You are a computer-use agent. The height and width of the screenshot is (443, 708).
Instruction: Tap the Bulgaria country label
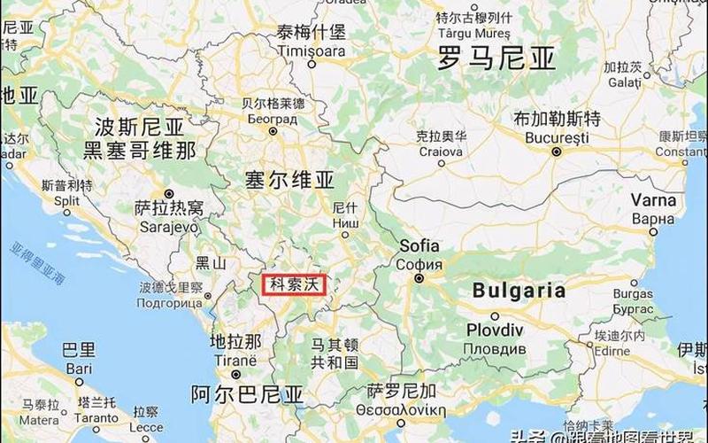click(x=519, y=290)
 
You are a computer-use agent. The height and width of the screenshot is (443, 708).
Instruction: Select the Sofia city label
click(x=419, y=246)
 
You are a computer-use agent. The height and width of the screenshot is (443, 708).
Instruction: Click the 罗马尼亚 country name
click(x=497, y=59)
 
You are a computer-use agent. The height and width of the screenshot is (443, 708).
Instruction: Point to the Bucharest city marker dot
click(x=555, y=152)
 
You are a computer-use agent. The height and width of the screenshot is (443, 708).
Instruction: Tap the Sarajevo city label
click(x=168, y=226)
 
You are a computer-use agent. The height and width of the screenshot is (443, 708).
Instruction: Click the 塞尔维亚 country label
click(x=289, y=181)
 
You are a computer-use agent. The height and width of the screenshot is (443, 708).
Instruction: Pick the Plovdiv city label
click(x=494, y=330)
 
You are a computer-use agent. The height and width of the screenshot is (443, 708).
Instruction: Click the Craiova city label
click(x=440, y=152)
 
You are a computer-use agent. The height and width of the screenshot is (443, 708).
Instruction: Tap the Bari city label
click(x=79, y=368)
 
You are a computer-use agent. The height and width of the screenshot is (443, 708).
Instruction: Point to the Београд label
click(x=273, y=118)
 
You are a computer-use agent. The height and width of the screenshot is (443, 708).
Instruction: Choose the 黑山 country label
click(x=211, y=262)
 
